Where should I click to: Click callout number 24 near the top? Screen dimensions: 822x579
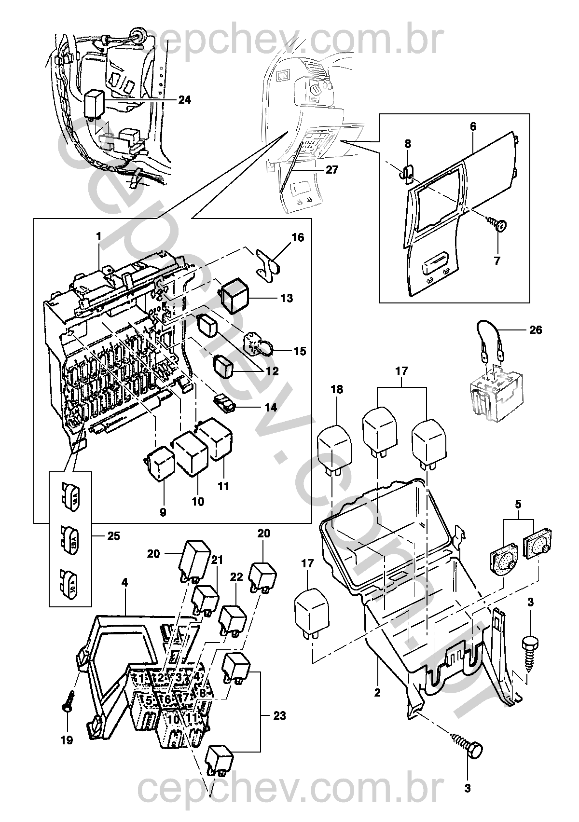coord(184,100)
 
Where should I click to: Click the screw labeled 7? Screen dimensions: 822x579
coord(499,225)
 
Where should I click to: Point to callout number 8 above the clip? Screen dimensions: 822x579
coord(408,143)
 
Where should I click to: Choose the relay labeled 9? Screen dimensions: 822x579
coord(160,463)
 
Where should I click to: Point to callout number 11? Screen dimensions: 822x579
coord(223,486)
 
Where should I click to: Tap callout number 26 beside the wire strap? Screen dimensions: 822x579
coord(536,330)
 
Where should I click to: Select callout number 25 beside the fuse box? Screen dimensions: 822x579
coord(114,536)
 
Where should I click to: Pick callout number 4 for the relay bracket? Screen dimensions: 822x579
coord(124,582)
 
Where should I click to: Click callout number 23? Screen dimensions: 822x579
coord(280,716)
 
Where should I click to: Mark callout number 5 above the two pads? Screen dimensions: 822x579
coord(518,505)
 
